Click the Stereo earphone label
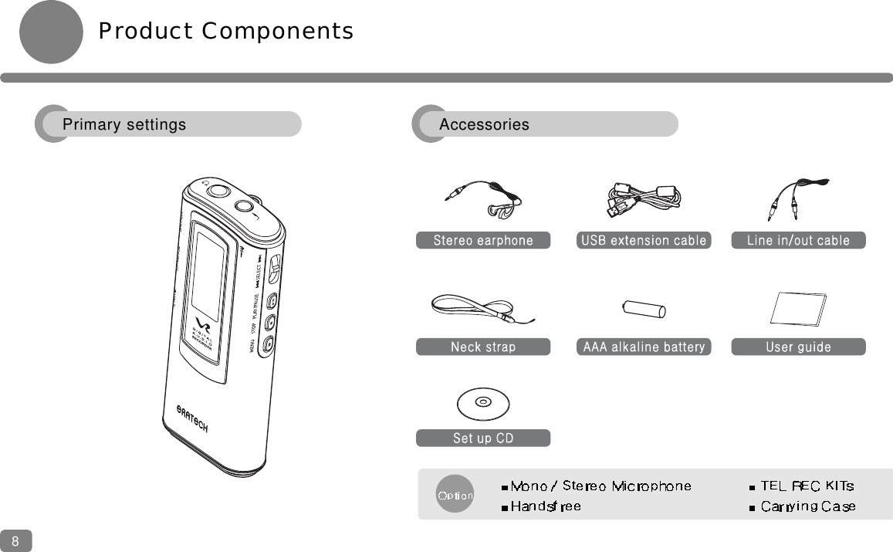(x=483, y=240)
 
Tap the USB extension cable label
(x=643, y=240)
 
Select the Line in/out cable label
(x=798, y=240)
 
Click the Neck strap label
(x=483, y=347)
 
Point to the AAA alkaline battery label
(x=643, y=347)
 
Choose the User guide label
(x=798, y=347)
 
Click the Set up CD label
(x=483, y=438)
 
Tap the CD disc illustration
(x=482, y=402)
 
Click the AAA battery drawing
(x=644, y=309)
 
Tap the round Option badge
(x=455, y=495)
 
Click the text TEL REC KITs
(x=807, y=486)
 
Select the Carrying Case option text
(x=807, y=506)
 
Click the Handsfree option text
(x=545, y=506)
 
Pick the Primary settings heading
(x=124, y=124)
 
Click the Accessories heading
(x=484, y=124)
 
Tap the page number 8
(x=15, y=541)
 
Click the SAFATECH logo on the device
(x=191, y=418)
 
